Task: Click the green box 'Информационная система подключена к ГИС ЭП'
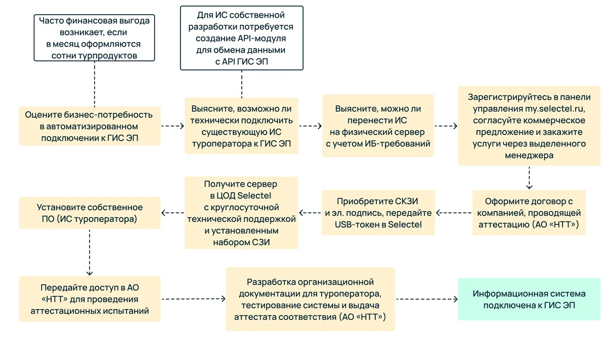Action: (529, 299)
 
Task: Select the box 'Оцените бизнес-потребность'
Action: (90, 126)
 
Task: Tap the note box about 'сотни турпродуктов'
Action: (94, 38)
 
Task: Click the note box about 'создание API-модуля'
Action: (242, 38)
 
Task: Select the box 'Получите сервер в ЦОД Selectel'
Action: (241, 212)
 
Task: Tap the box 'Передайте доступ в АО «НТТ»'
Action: (90, 299)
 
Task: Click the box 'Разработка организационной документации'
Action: (310, 299)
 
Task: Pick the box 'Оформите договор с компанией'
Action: (529, 213)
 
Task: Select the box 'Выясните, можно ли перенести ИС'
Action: (378, 126)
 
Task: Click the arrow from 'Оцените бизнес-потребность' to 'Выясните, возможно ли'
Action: (172, 126)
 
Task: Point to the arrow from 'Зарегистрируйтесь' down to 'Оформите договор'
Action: (529, 178)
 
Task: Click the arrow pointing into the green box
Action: (426, 299)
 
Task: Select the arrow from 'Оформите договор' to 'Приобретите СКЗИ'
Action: (454, 213)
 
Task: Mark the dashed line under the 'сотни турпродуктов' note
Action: (94, 83)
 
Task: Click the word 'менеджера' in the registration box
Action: (529, 156)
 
